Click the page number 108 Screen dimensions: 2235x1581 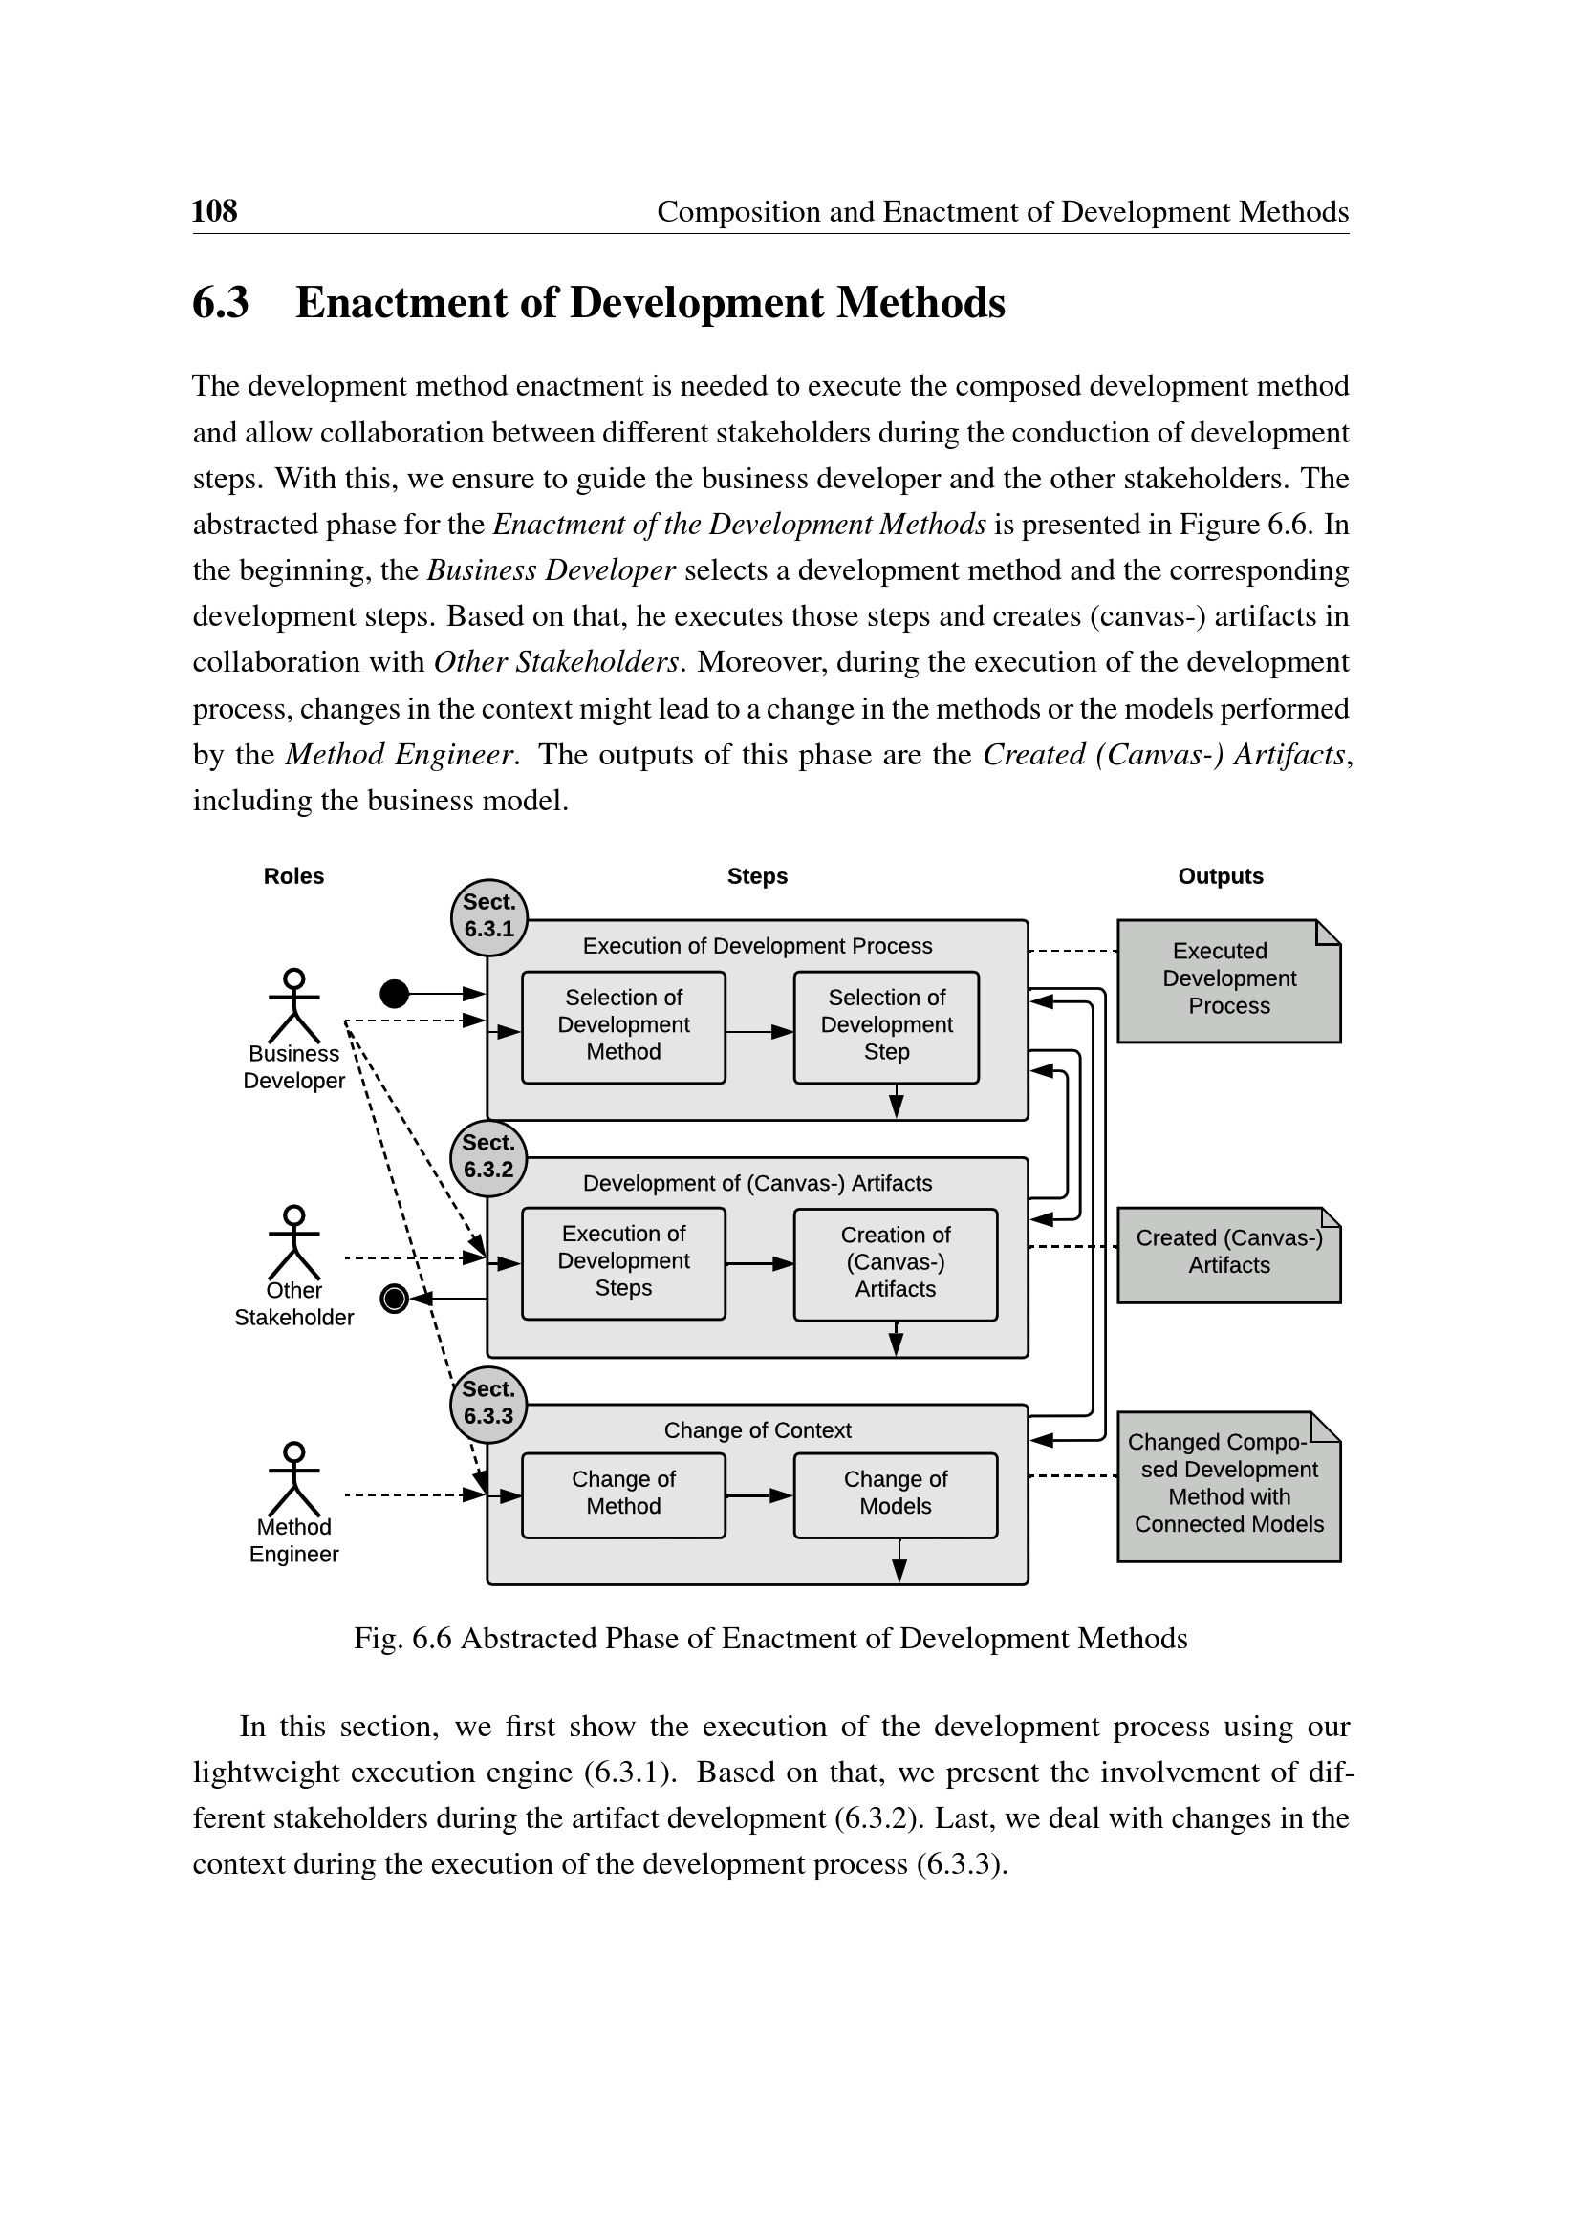(214, 211)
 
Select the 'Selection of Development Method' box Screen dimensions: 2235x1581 (623, 1026)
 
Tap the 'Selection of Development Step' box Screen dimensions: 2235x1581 (886, 1026)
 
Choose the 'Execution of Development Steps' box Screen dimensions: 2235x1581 (623, 1262)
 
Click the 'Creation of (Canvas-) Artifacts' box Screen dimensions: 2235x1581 (895, 1263)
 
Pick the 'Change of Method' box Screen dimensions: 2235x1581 (623, 1494)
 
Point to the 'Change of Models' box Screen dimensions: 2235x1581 (895, 1494)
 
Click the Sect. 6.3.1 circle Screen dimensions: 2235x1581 (488, 917)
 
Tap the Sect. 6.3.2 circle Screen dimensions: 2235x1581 (487, 1157)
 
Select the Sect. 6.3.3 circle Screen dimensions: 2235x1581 (487, 1404)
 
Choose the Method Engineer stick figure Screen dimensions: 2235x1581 (294, 1478)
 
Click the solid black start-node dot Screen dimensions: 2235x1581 (393, 993)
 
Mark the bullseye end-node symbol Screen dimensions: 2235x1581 (393, 1299)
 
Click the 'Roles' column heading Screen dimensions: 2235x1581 (293, 876)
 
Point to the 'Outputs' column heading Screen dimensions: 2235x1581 (1220, 876)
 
